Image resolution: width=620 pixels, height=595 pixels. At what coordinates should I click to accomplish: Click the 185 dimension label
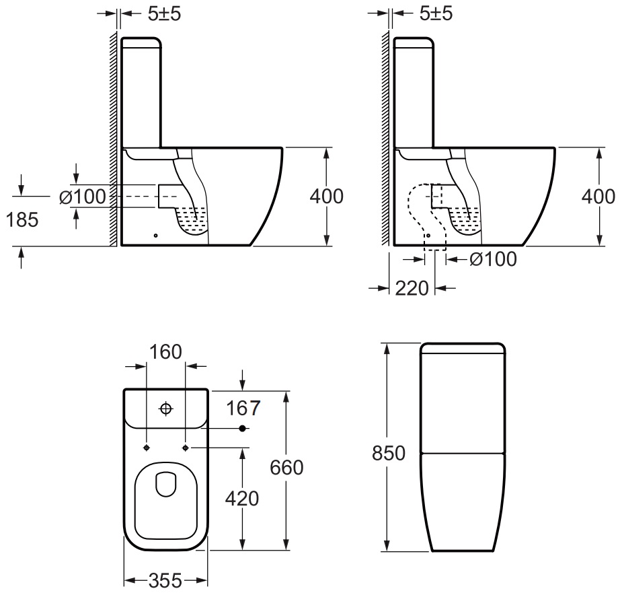click(22, 219)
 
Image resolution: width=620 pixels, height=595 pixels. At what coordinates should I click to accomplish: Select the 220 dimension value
click(412, 288)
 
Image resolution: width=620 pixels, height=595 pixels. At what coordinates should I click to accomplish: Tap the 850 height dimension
click(389, 453)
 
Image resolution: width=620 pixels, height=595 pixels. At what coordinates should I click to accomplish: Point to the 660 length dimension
click(286, 468)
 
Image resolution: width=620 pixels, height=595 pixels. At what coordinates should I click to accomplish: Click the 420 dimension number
click(242, 498)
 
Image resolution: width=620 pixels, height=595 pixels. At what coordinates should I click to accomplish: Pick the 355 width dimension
click(165, 581)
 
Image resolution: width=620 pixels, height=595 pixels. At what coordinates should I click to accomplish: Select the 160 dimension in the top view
click(165, 351)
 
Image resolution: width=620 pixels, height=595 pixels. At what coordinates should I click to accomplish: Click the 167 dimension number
click(243, 408)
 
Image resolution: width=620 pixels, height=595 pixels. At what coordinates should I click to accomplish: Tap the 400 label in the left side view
click(327, 197)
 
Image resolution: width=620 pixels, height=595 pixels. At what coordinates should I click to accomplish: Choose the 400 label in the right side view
click(598, 197)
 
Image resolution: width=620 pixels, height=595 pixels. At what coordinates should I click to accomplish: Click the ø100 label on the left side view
click(83, 197)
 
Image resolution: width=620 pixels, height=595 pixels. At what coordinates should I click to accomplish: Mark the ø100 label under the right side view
click(493, 259)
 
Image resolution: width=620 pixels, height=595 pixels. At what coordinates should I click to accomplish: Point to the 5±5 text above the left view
click(165, 14)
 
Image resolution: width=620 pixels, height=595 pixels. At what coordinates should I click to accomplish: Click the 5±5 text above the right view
click(436, 14)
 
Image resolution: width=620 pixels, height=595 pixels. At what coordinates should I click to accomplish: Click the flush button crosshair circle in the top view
click(166, 409)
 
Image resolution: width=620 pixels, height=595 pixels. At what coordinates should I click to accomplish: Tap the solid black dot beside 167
click(242, 428)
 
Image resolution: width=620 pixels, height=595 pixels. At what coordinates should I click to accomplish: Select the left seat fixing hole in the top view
click(147, 448)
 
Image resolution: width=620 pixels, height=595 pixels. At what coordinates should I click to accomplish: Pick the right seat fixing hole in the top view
click(186, 448)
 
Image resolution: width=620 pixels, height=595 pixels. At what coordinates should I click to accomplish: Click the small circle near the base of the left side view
click(156, 236)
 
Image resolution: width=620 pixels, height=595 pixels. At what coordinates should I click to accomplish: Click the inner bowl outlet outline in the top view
click(166, 484)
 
